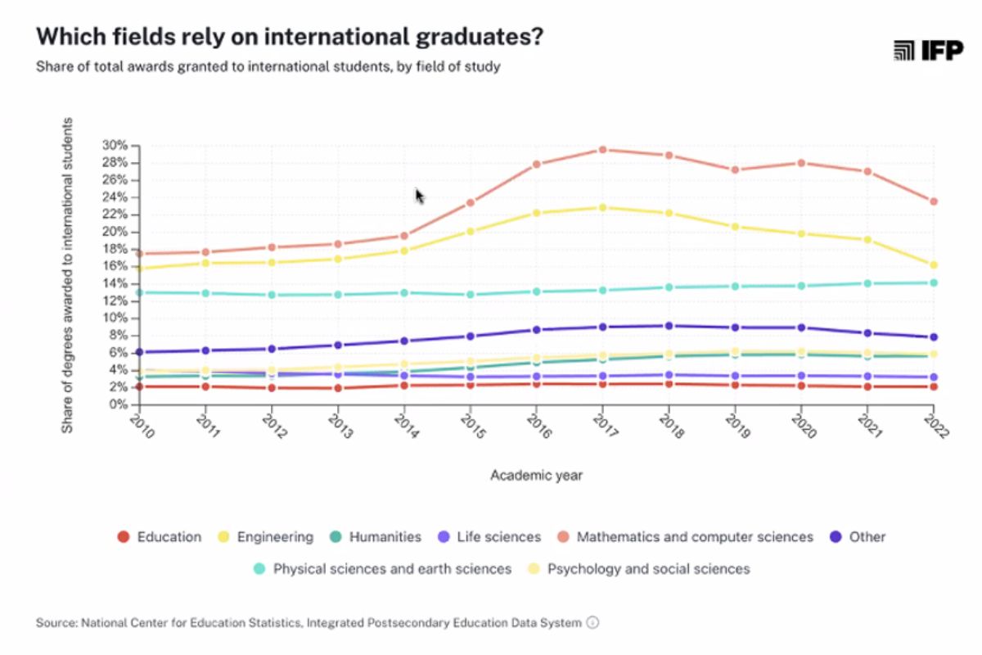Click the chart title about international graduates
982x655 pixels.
[291, 37]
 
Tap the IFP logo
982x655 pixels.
[917, 51]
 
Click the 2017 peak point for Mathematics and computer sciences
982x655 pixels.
[602, 150]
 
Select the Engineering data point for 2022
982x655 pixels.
[933, 265]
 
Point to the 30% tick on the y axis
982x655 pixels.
[115, 146]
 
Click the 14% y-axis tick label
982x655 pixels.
[115, 283]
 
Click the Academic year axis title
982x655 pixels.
[536, 475]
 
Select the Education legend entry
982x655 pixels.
[160, 537]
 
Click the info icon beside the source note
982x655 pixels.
[593, 623]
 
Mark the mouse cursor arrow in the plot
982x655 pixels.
[419, 196]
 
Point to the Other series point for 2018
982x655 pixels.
[669, 326]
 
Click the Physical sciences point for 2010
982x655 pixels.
[140, 292]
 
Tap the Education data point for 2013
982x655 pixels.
[338, 388]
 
